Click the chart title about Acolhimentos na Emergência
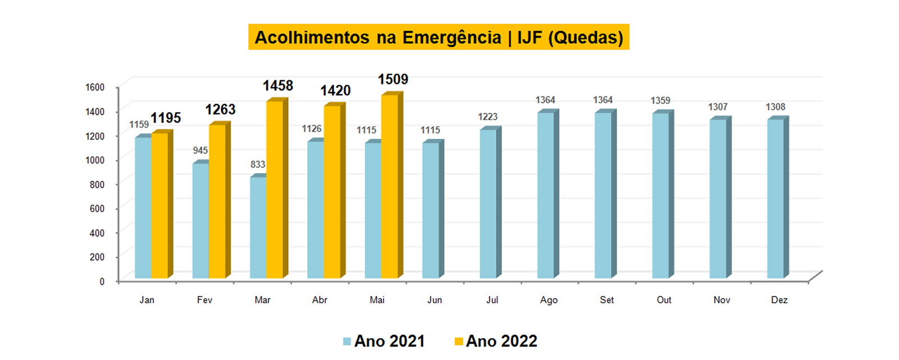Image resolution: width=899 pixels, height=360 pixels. (x=439, y=37)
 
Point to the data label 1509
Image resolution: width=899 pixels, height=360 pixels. (x=393, y=80)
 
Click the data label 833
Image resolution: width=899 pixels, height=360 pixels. (x=258, y=165)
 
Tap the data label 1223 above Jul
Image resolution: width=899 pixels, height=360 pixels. (x=487, y=117)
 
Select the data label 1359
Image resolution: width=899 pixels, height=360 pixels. (x=660, y=101)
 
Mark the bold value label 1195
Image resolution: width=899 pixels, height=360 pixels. (x=166, y=118)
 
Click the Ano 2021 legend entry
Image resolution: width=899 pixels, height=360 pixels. (x=384, y=341)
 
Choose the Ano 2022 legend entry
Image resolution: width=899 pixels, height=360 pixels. (x=496, y=341)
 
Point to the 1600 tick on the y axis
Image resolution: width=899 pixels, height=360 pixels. (x=95, y=87)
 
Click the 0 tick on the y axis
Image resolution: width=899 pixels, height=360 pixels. (x=102, y=281)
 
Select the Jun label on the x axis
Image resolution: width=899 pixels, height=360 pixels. (x=435, y=300)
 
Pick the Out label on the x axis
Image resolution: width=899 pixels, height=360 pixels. (x=664, y=300)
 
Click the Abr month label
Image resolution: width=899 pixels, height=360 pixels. (x=320, y=300)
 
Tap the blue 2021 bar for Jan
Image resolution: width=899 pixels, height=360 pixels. (x=143, y=207)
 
